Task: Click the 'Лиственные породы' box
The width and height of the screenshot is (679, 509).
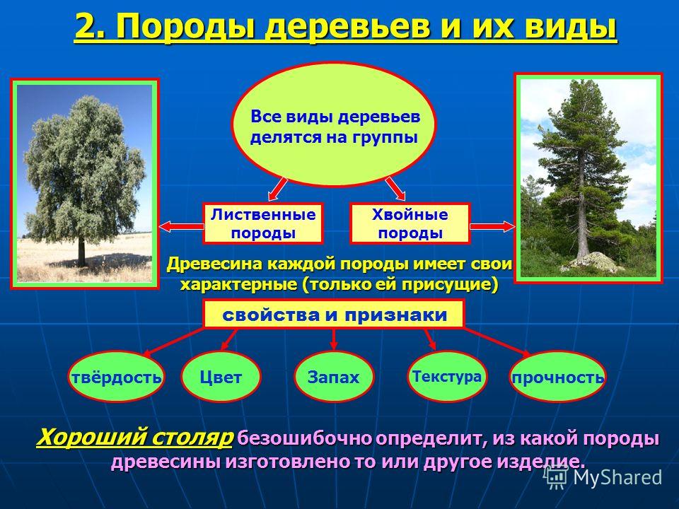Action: [x=263, y=223]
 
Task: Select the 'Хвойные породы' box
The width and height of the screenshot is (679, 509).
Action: [x=410, y=223]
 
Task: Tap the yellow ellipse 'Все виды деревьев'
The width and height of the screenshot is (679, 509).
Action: [x=333, y=124]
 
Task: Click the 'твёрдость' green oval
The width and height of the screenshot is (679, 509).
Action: [x=116, y=377]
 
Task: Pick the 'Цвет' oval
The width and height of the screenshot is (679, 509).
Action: [x=221, y=377]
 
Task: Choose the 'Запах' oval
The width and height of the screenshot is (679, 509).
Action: [x=333, y=377]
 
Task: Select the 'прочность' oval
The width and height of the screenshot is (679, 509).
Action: [x=558, y=377]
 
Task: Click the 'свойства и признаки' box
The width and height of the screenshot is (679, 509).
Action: [x=333, y=314]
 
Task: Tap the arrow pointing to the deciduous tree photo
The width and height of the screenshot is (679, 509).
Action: [x=182, y=226]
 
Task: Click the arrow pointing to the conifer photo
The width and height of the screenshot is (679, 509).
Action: [x=492, y=226]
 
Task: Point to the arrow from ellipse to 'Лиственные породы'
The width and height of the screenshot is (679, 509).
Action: [x=277, y=189]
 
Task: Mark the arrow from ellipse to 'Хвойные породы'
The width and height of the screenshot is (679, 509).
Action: [x=395, y=189]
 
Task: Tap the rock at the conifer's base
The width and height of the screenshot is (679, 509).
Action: [x=594, y=262]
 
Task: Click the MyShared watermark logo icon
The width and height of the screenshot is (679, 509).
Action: [x=556, y=477]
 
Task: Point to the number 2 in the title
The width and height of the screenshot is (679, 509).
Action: [x=85, y=27]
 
